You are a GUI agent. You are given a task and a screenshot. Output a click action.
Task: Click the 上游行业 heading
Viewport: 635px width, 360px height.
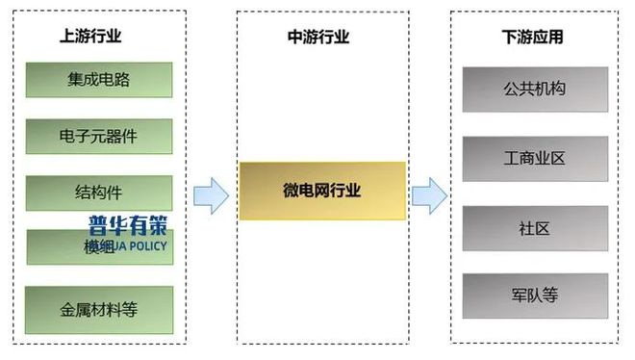(90, 37)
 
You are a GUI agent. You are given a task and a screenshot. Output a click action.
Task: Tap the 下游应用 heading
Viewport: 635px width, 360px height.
(533, 37)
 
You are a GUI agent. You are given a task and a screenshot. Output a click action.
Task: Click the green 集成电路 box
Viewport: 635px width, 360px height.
(99, 80)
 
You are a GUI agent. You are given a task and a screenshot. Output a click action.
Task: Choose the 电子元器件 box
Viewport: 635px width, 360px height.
(99, 136)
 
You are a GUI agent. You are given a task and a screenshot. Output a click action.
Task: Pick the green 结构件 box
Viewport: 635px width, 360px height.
(99, 192)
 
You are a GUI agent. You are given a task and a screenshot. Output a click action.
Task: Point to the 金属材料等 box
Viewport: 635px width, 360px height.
(99, 310)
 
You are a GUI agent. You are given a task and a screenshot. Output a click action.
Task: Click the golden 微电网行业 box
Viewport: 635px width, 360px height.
(322, 190)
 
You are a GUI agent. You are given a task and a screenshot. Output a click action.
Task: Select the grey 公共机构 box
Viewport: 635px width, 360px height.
(534, 90)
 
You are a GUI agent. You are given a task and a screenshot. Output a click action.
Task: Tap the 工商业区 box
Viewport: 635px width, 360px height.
(534, 158)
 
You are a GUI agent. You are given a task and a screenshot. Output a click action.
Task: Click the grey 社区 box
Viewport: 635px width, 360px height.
(534, 227)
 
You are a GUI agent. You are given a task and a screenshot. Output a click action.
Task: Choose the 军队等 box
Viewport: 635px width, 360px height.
(534, 296)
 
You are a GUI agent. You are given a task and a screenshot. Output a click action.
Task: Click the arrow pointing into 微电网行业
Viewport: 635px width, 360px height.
(211, 196)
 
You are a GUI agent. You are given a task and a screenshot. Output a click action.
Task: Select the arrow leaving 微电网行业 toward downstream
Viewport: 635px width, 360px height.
(428, 196)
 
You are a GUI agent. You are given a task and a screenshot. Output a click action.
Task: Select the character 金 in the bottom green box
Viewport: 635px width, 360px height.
(66, 310)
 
